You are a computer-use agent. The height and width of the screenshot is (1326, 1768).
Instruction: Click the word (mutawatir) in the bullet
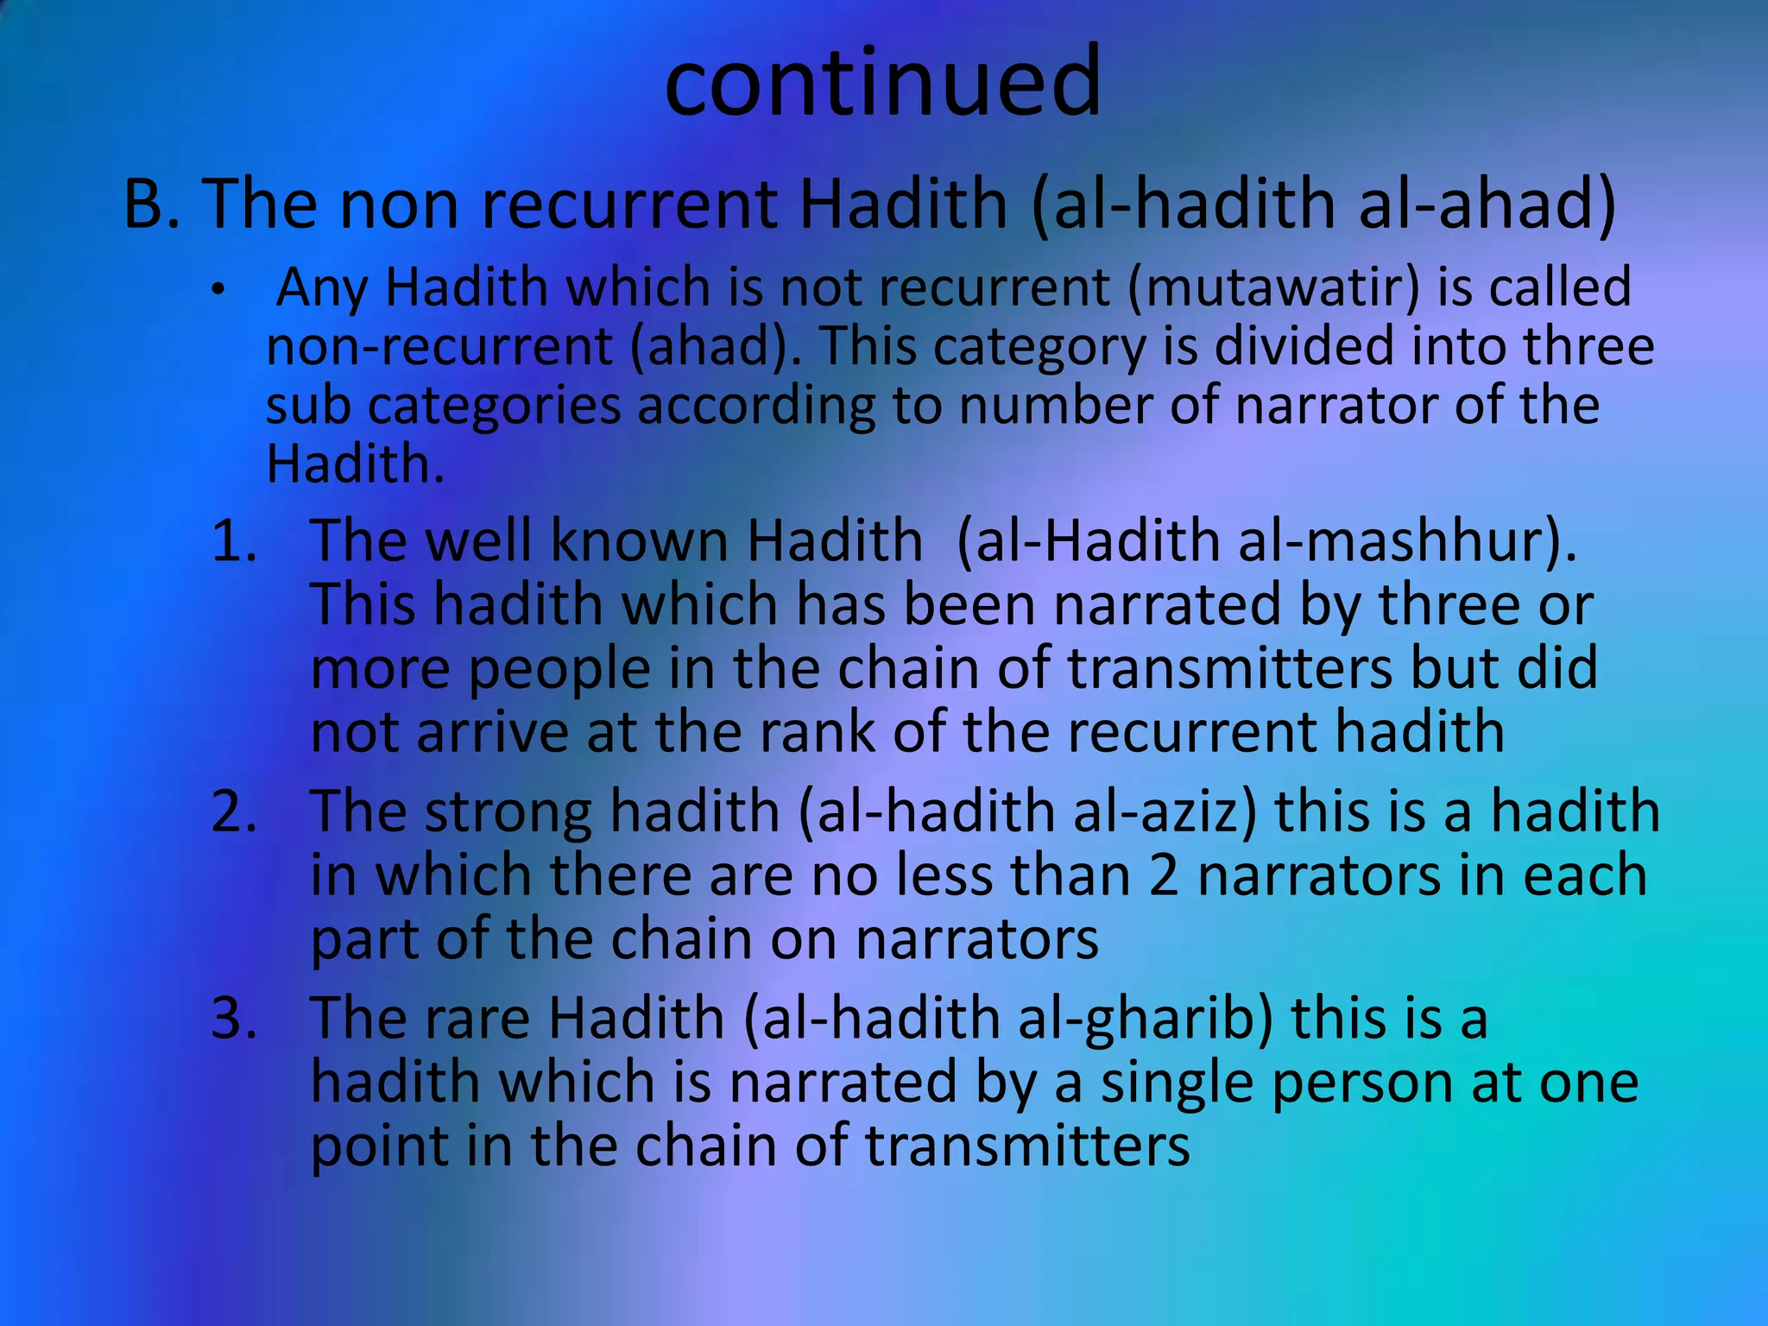[1272, 287]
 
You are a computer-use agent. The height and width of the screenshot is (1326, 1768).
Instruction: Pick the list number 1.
[234, 543]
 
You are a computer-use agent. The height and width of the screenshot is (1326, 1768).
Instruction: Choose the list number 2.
[234, 812]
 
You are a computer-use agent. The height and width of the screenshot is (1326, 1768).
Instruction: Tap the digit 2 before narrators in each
[1164, 875]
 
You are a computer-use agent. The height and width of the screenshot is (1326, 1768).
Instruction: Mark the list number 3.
[234, 1019]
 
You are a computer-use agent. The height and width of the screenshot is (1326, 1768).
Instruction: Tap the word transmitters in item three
[1027, 1146]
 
